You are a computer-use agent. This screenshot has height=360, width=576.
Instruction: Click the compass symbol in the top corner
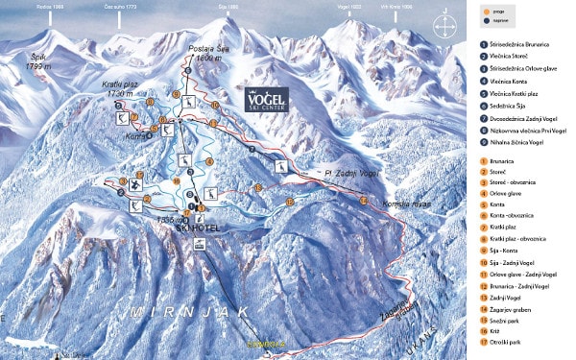coord(444,23)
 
